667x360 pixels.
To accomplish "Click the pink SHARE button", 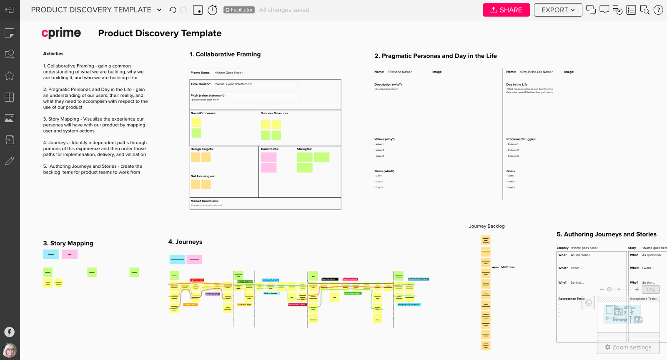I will coord(506,10).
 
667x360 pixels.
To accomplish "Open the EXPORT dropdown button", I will coord(558,10).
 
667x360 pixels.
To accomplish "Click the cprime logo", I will coord(61,33).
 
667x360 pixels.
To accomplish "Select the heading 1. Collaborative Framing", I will coord(225,54).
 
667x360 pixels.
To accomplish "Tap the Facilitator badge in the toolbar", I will coord(239,10).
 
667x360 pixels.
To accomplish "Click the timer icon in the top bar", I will coord(213,10).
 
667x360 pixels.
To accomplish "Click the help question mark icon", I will coord(658,10).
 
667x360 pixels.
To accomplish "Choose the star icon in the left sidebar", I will coord(9,76).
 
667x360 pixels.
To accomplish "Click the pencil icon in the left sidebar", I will coord(9,161).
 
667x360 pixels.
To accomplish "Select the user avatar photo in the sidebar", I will coord(10,350).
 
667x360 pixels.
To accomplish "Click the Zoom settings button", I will coord(628,347).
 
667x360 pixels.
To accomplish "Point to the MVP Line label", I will coord(508,267).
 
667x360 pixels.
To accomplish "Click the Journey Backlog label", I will coord(486,226).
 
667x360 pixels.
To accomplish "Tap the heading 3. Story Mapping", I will coord(68,243).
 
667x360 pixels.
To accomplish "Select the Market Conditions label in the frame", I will coord(205,201).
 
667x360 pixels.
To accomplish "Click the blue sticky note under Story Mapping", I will coord(51,254).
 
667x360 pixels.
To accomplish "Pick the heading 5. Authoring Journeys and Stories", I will coord(607,234).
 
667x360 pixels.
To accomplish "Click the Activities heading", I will coord(53,54).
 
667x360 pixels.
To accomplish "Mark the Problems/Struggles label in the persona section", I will coord(521,139).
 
